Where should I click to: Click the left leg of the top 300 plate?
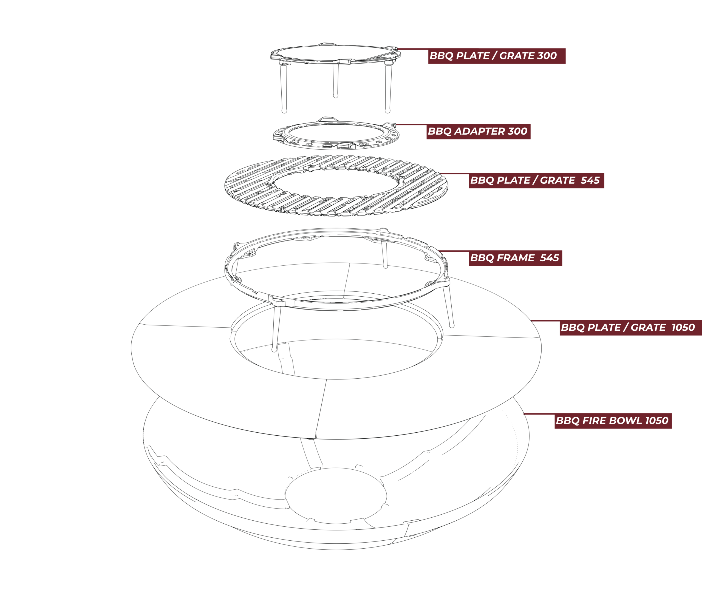[284, 88]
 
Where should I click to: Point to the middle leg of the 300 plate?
[335, 80]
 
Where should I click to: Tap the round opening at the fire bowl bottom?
[336, 496]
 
